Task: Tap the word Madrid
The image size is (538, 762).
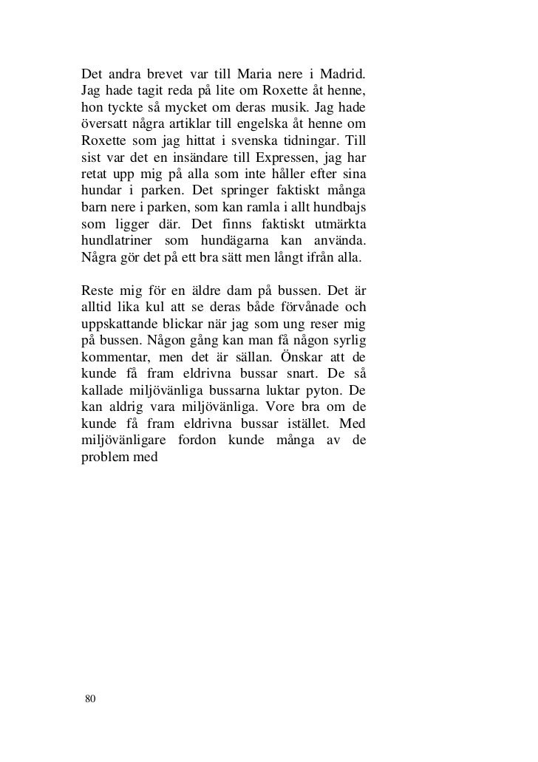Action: (339, 75)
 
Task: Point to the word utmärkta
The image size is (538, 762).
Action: (338, 228)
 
